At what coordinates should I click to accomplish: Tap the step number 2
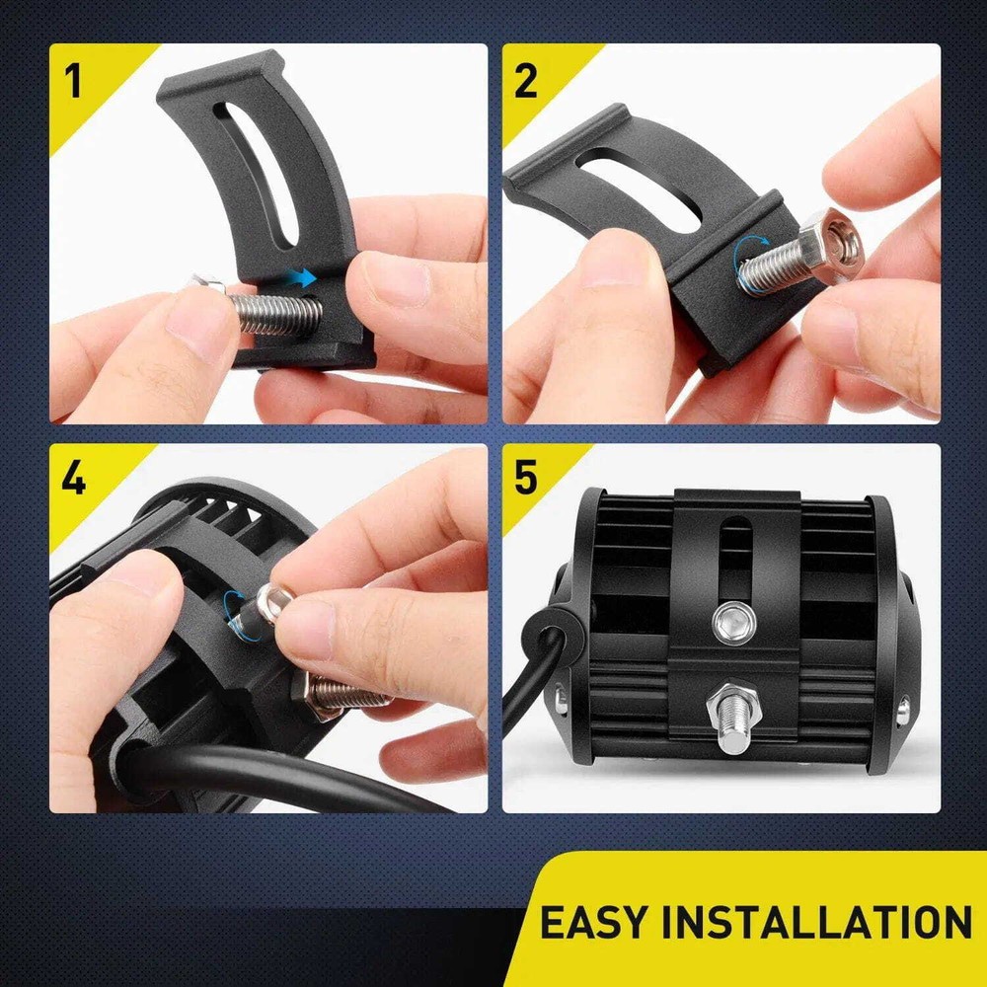tap(526, 82)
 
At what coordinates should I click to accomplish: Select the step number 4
tap(73, 479)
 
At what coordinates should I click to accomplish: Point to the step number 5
tap(526, 479)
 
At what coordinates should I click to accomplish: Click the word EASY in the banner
tap(592, 923)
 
